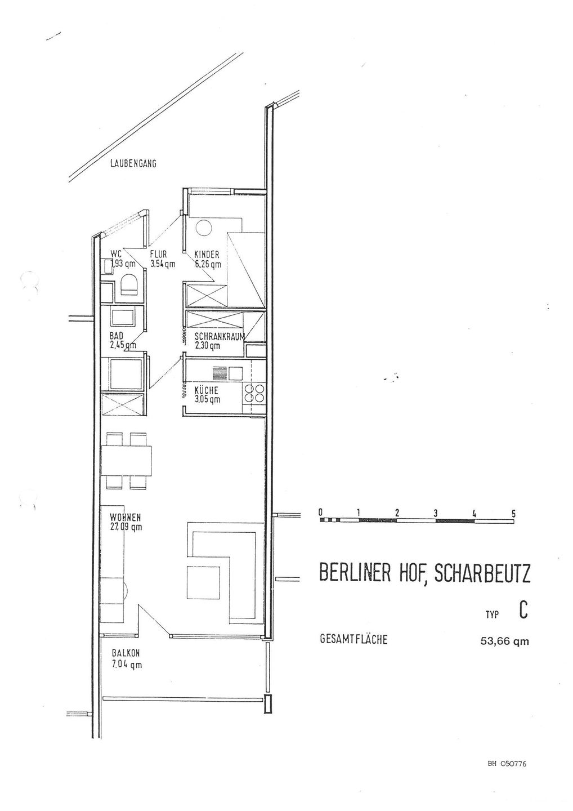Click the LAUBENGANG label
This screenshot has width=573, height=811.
point(133,164)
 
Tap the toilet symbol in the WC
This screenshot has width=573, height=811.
point(131,284)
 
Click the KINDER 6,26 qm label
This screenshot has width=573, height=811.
point(207,259)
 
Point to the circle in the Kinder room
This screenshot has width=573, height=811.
point(204,228)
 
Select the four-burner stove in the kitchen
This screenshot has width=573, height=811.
point(254,392)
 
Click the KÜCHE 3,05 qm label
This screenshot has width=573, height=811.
point(206,394)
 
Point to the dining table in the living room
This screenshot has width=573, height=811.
point(127,460)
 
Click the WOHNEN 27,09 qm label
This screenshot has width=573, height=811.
point(126,522)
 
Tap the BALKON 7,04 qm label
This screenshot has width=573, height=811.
point(126,659)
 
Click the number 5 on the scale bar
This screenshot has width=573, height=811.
point(513,513)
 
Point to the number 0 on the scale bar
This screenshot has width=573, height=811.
point(320,513)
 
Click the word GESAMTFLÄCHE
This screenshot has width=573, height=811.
point(353,640)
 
